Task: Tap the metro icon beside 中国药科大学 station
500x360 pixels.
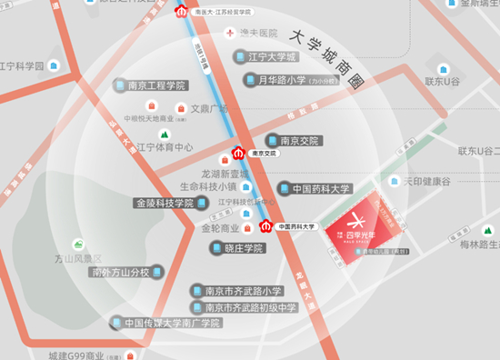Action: pos(266,225)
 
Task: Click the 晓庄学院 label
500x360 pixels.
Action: pos(237,247)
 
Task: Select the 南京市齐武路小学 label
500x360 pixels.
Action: pos(237,291)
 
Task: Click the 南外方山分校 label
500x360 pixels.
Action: pos(125,272)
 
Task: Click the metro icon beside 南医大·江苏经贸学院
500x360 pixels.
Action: pos(182,13)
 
